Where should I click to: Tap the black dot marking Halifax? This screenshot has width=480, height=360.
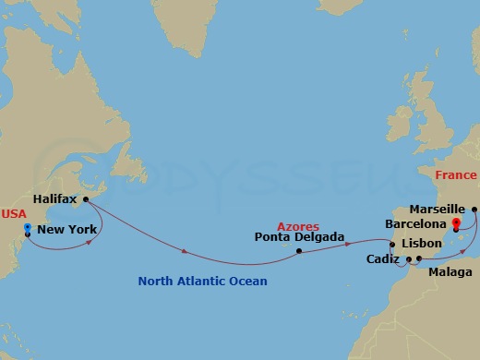pos(85,198)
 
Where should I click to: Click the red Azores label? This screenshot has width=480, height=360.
pos(298,225)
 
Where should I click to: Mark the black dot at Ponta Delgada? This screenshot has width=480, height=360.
pos(299,250)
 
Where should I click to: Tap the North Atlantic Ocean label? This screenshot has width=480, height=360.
pos(202,281)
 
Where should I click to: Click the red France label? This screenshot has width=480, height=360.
pos(456,175)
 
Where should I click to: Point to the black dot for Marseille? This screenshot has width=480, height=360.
pos(474,209)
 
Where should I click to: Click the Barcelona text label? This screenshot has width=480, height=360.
pos(417,223)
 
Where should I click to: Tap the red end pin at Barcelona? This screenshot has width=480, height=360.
pos(456,223)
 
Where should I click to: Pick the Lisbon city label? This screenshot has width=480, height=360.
pos(422,243)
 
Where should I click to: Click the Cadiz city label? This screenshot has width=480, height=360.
pos(382,259)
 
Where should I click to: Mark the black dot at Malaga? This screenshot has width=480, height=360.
pos(420,258)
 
